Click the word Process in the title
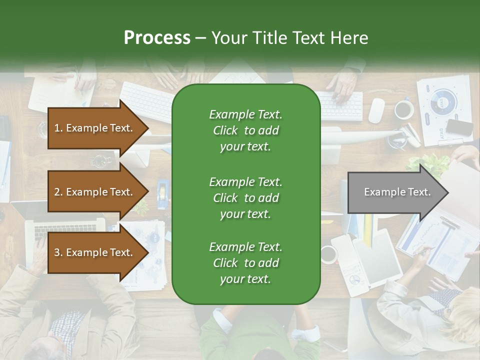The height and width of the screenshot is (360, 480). pyautogui.click(x=157, y=37)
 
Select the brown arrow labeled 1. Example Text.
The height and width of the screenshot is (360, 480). pyautogui.click(x=95, y=128)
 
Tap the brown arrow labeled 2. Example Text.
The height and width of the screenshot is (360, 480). pyautogui.click(x=95, y=192)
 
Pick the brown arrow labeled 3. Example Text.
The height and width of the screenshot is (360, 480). pyautogui.click(x=95, y=252)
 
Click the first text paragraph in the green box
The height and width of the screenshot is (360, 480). pyautogui.click(x=245, y=130)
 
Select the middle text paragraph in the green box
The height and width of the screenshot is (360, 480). pyautogui.click(x=245, y=197)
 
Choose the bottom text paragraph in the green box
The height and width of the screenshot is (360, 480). pyautogui.click(x=245, y=263)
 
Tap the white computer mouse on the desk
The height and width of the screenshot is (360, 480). pyautogui.click(x=376, y=110)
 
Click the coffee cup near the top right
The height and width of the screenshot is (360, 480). pyautogui.click(x=403, y=109)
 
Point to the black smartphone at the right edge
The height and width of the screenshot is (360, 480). pyautogui.click(x=459, y=127)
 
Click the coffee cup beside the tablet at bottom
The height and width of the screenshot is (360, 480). pyautogui.click(x=328, y=254)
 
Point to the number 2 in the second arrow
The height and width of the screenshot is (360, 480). pyautogui.click(x=56, y=192)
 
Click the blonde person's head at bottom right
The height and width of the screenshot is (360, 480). pyautogui.click(x=462, y=312)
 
